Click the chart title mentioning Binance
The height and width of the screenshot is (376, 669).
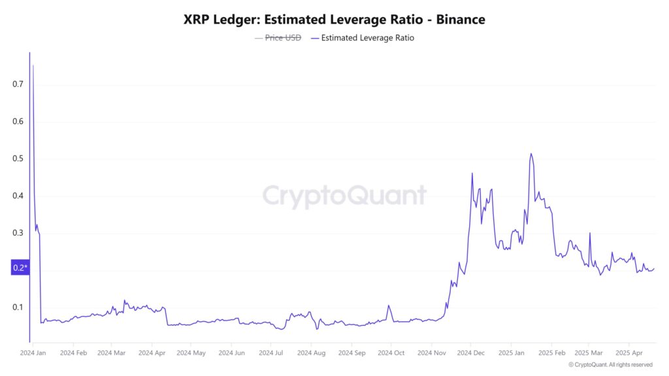pos(334,20)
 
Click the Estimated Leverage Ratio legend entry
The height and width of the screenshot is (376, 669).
pos(367,38)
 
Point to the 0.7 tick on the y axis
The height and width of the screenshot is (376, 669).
pos(18,84)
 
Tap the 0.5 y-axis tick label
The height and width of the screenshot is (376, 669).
pos(18,159)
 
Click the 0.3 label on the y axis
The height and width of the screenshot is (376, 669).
pos(18,233)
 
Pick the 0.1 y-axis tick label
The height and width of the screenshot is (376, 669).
pos(18,307)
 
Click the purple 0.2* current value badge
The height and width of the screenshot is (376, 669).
pos(20,268)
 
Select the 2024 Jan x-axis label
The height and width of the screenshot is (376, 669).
pos(33,353)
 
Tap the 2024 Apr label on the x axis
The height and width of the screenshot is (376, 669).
pos(151,353)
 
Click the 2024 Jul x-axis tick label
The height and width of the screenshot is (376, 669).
pos(270,353)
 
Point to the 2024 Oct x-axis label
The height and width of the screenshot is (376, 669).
pos(390,353)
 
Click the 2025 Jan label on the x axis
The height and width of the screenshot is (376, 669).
pos(510,353)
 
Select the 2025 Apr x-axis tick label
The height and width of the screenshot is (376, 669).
pos(628,353)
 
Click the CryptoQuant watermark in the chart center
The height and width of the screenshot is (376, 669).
pos(344,196)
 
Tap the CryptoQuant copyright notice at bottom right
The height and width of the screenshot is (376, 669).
pos(610,365)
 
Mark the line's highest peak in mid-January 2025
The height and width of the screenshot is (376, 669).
pos(530,154)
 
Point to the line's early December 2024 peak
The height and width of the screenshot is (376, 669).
pos(472,174)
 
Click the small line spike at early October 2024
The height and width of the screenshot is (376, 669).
pos(388,305)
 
